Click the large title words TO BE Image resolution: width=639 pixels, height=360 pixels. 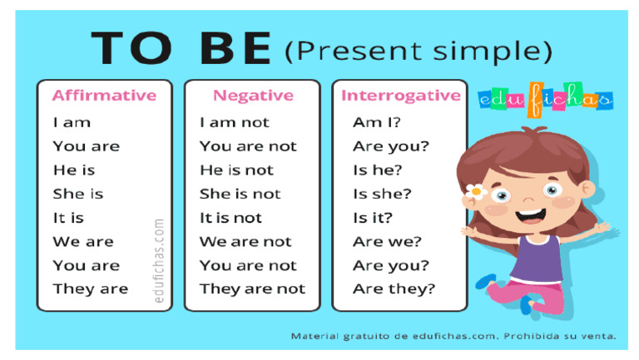tap(181, 48)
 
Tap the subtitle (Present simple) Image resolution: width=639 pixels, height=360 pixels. tap(418, 52)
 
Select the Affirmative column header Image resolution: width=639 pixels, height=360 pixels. tap(104, 96)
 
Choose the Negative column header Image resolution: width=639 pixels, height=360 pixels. tap(253, 96)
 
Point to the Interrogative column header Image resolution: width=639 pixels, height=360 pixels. tap(400, 96)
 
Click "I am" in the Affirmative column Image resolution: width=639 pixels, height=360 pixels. tap(72, 122)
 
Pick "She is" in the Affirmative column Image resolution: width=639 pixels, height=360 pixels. tap(78, 194)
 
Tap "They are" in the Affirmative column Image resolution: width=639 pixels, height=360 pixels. tap(91, 289)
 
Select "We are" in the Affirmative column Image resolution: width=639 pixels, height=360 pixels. tap(83, 242)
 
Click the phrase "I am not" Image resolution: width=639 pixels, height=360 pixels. tap(235, 122)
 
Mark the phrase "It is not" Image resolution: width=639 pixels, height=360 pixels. tap(230, 218)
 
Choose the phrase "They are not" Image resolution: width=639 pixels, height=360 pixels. tap(252, 289)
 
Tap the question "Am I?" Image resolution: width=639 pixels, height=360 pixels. tap(377, 122)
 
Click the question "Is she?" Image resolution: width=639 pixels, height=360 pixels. tap(382, 194)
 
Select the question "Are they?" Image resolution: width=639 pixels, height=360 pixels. tap(394, 289)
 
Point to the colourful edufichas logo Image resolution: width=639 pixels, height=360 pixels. tap(546, 100)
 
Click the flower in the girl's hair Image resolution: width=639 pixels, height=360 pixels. tap(476, 191)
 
